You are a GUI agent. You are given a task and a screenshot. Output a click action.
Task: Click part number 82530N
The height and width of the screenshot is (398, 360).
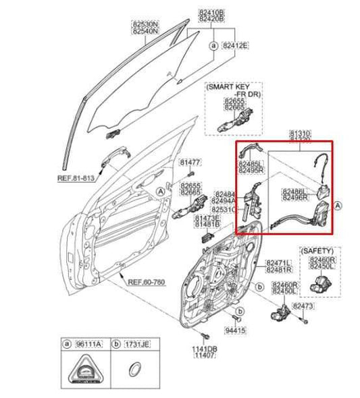coord(145,25)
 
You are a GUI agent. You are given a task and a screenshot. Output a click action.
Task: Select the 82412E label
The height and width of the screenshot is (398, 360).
coord(236,46)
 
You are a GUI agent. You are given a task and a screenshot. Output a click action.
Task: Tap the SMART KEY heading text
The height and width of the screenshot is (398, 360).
coord(227,88)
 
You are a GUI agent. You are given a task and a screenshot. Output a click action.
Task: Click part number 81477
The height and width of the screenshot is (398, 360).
coord(190,163)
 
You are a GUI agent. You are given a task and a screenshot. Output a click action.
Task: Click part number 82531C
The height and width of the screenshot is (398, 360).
coord(224,209)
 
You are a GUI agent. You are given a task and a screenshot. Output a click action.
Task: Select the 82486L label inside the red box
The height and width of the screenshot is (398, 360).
coord(295,191)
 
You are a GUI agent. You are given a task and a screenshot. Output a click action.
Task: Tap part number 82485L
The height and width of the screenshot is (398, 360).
coord(251,164)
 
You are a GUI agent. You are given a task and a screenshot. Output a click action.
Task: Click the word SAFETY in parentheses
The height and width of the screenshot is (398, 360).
coord(317,250)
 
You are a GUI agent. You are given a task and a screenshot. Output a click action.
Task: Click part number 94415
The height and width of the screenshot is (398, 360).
coord(234,331)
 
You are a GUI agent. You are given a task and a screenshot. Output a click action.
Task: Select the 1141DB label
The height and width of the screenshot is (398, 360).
coord(205,349)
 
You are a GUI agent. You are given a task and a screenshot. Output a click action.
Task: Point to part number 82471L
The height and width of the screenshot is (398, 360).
coord(278,262)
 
